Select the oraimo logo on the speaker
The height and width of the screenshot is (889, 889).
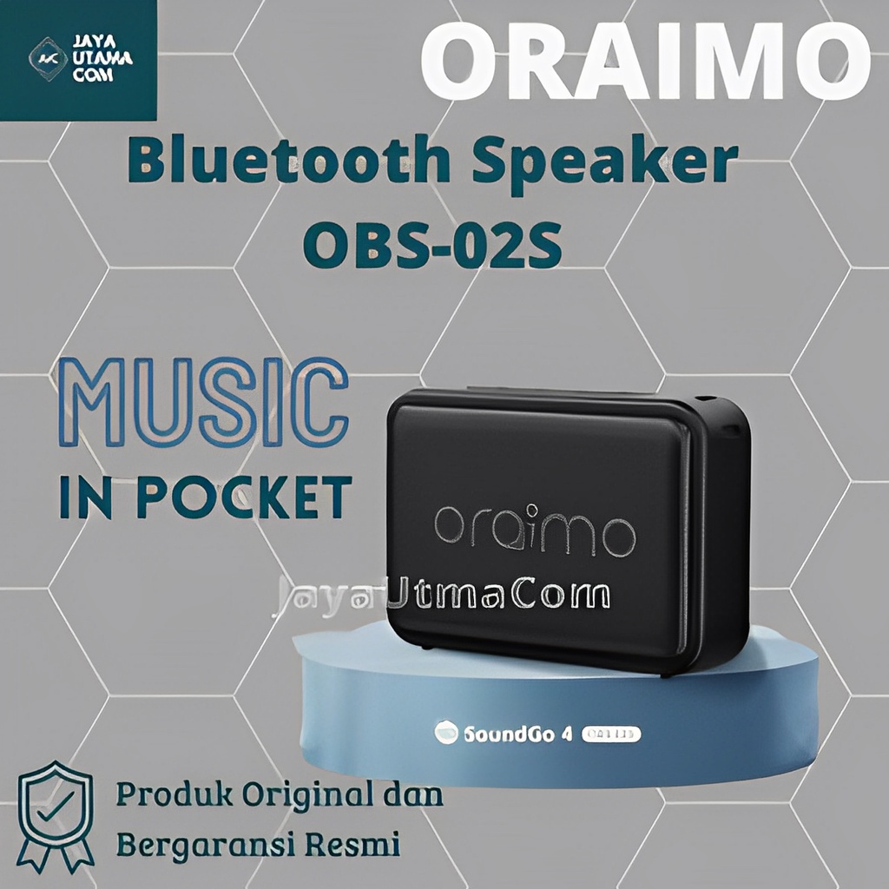point(534,529)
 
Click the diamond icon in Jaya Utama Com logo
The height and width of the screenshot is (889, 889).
point(47,59)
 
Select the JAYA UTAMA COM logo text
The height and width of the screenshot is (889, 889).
point(102,59)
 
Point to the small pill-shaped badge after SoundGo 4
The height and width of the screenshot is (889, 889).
point(613,734)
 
